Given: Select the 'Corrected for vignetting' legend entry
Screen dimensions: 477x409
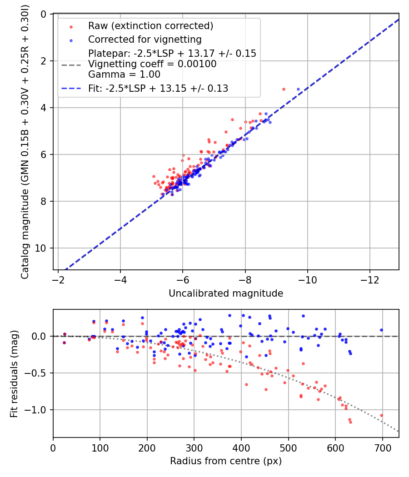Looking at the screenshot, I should (145, 39).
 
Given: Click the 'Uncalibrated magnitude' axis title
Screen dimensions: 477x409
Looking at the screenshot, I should (226, 293).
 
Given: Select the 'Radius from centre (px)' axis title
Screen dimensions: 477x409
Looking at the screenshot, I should (226, 461).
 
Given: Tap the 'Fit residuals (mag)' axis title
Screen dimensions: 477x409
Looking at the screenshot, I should (14, 373).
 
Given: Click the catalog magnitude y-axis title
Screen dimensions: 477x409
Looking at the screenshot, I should (25, 142).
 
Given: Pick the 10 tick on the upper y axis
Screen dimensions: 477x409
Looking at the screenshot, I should (43, 248).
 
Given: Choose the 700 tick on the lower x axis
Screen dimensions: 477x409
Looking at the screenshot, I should (382, 447).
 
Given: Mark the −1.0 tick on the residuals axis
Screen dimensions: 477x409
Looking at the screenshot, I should (40, 410).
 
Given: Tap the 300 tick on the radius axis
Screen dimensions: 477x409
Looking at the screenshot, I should (194, 447).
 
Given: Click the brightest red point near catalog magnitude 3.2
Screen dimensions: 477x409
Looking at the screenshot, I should (284, 89).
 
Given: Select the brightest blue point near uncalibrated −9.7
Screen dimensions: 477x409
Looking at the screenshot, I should (298, 89).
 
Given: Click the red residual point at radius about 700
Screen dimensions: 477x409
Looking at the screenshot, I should (381, 415).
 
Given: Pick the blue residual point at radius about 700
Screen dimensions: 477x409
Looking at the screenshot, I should (381, 330).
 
